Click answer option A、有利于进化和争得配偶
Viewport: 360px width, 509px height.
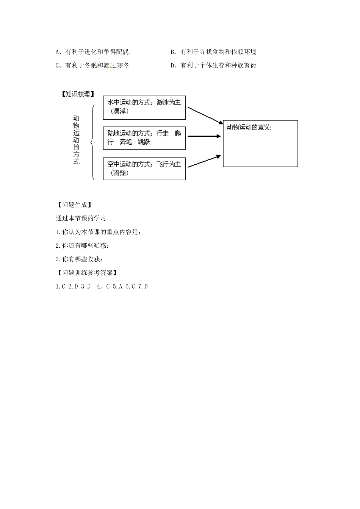[92, 52]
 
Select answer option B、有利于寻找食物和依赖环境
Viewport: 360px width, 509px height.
[214, 52]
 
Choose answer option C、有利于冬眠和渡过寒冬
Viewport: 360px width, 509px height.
[92, 66]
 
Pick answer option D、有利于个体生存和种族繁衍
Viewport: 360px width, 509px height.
[214, 66]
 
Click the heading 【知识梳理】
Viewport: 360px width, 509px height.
[78, 94]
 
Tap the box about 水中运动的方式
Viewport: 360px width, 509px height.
[144, 108]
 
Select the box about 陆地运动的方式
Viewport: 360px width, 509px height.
[144, 138]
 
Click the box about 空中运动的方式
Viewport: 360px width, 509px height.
[144, 169]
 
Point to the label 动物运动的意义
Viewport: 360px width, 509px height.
[249, 128]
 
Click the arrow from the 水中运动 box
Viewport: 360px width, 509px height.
[205, 116]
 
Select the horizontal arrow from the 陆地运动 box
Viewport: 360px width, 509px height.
[204, 136]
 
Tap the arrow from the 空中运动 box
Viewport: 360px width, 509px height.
[204, 161]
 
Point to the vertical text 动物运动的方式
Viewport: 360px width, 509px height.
[76, 140]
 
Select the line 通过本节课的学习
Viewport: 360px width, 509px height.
[81, 219]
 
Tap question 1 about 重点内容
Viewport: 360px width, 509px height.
[98, 232]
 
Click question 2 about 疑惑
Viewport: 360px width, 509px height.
[82, 246]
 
